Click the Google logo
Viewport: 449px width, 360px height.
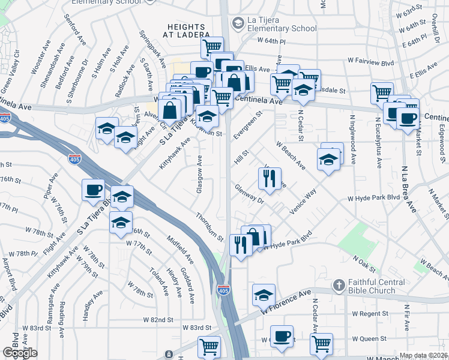(20, 353)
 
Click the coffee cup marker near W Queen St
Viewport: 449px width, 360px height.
(282, 336)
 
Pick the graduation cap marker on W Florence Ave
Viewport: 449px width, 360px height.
(264, 295)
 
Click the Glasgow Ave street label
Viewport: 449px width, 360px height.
(200, 174)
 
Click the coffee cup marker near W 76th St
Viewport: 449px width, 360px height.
(94, 190)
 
